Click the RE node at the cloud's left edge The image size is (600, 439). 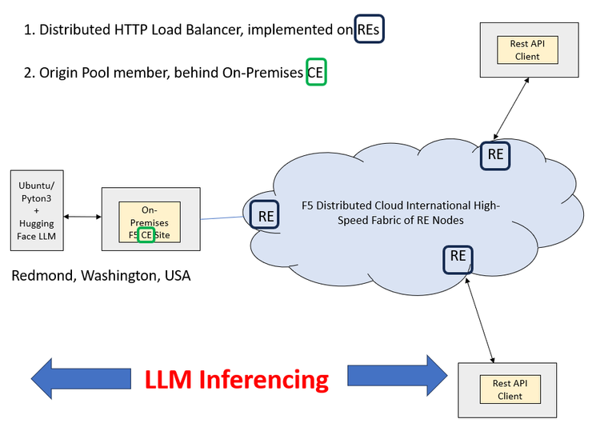pos(265,215)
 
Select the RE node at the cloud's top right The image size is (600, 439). pos(495,155)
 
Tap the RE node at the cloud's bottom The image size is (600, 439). pos(458,257)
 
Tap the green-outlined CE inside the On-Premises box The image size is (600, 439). pos(146,235)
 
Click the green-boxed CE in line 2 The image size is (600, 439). pos(316,73)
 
